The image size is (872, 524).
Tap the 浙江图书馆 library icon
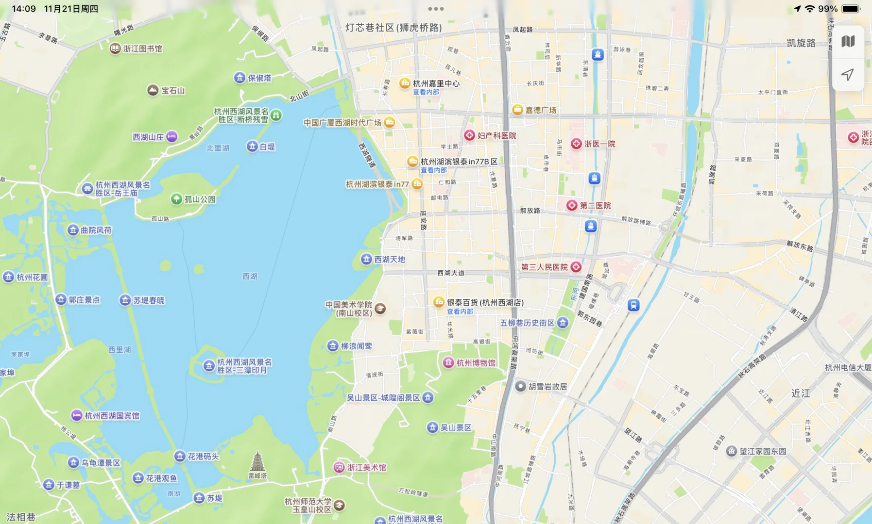pos(115,49)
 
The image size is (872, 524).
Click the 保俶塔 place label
pos(259,78)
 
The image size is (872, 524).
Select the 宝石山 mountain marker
pos(153,90)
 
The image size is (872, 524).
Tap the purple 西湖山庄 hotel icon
pos(172,137)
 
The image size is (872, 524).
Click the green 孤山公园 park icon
pos(176,199)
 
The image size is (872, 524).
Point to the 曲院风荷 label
pos(96,230)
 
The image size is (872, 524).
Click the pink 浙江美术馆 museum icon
pos(339,467)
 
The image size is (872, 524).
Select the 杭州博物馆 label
pos(476,363)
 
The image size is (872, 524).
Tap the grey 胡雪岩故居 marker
pos(521,386)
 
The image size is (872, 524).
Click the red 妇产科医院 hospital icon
pos(469,135)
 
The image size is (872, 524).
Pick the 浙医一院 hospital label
pos(599,144)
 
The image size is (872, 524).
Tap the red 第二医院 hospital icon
pos(572,205)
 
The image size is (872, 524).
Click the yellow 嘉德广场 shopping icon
pos(517,110)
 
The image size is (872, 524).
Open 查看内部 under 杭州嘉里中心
pos(426,92)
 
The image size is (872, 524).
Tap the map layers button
pos(848,42)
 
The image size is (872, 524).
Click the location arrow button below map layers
pos(848,74)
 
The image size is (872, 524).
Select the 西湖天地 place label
pos(390,260)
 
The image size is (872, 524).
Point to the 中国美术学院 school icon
pos(380,308)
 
